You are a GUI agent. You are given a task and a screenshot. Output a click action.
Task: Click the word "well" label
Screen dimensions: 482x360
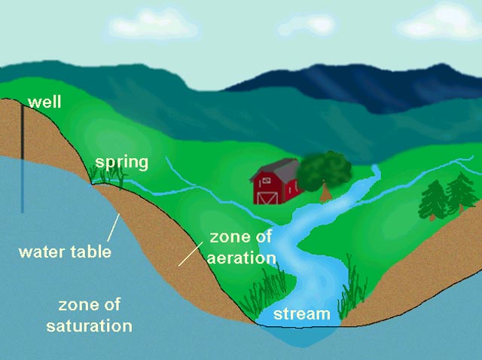pyautogui.click(x=44, y=102)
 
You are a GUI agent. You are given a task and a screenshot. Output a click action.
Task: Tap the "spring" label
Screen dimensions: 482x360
pyautogui.click(x=120, y=162)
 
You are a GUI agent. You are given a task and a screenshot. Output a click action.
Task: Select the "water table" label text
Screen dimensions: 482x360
pyautogui.click(x=65, y=251)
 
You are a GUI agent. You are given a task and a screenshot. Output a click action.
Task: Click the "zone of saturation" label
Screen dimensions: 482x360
pyautogui.click(x=89, y=316)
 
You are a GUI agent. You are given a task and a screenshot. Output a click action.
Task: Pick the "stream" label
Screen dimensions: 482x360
pyautogui.click(x=301, y=314)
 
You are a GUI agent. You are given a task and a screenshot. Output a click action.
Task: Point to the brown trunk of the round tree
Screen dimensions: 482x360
pyautogui.click(x=325, y=193)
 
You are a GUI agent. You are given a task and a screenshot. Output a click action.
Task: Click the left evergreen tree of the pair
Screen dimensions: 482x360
pyautogui.click(x=434, y=199)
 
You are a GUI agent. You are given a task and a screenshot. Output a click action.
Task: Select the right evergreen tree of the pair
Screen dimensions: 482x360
pyautogui.click(x=458, y=193)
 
